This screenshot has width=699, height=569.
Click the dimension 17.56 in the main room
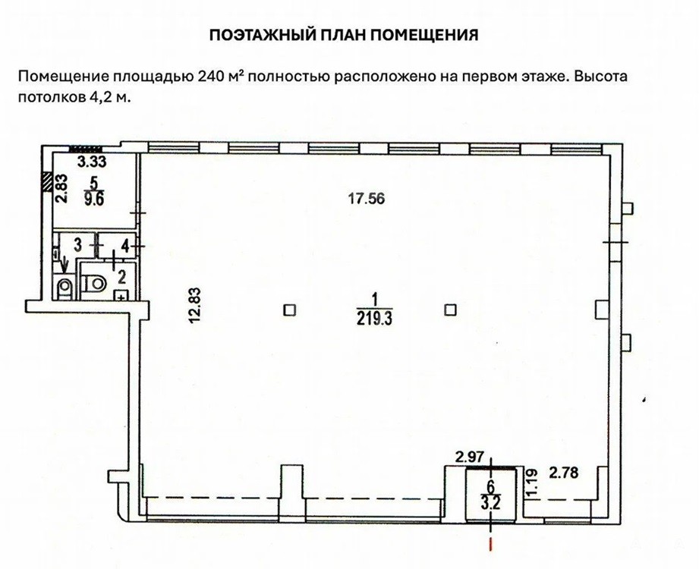click(x=366, y=198)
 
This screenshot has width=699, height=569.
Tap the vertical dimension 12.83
click(x=195, y=305)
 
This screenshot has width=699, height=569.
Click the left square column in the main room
click(x=290, y=310)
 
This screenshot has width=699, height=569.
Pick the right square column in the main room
click(x=451, y=310)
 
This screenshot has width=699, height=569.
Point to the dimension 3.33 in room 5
click(x=92, y=162)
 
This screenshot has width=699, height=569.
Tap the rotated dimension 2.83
click(x=61, y=188)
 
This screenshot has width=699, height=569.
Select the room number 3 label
click(x=77, y=245)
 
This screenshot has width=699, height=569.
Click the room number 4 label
click(x=126, y=247)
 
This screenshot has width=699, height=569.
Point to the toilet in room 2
click(x=95, y=282)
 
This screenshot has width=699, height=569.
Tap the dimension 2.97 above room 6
click(x=470, y=457)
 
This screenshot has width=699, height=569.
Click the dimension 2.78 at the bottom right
click(x=563, y=473)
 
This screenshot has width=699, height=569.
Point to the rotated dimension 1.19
click(x=531, y=479)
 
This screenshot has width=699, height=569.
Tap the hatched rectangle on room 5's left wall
click(x=46, y=182)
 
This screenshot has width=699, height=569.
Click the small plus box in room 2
click(x=121, y=295)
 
